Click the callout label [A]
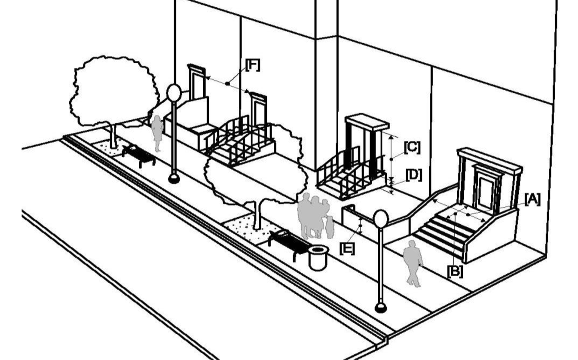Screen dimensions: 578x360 pyautogui.click(x=532, y=200)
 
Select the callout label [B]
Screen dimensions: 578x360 pyautogui.click(x=455, y=272)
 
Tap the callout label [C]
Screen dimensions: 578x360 pyautogui.click(x=412, y=147)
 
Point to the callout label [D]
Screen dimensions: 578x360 pyautogui.click(x=414, y=175)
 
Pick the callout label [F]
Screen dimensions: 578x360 pyautogui.click(x=253, y=65)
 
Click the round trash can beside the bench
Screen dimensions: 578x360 pyautogui.click(x=318, y=258)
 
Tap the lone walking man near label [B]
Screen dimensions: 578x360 pyautogui.click(x=413, y=263)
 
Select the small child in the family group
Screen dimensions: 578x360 pyautogui.click(x=330, y=227)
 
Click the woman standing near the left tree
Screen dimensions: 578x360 pyautogui.click(x=157, y=133)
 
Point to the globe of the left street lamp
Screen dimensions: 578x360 pyautogui.click(x=174, y=93)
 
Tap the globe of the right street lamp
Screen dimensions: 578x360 pyautogui.click(x=381, y=219)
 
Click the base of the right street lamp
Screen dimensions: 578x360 pyautogui.click(x=381, y=307)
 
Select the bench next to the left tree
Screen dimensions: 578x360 pyautogui.click(x=138, y=155)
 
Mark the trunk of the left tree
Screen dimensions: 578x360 pyautogui.click(x=113, y=137)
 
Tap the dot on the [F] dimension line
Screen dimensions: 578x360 pyautogui.click(x=227, y=83)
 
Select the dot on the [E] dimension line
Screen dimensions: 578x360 pyautogui.click(x=361, y=226)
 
